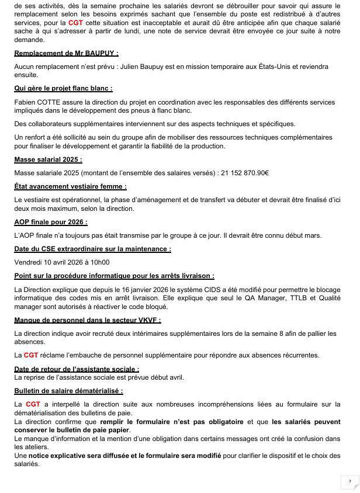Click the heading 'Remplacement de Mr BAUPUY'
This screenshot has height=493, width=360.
coord(66,54)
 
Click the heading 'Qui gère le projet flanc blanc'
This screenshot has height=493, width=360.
coord(63,88)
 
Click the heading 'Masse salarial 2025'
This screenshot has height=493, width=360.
coord(48,159)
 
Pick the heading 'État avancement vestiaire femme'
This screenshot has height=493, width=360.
coord(70,186)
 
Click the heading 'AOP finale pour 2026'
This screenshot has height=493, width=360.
coord(51,222)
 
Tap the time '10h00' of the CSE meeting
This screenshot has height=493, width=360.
coord(99,262)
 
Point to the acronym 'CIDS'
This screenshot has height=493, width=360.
coord(200,289)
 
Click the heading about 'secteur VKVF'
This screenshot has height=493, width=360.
coord(87,320)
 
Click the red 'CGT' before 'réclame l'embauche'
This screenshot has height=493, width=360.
coord(31,355)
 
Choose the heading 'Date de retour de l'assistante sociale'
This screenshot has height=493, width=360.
coord(77,369)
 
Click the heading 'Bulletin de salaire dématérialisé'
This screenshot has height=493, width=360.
coord(68,391)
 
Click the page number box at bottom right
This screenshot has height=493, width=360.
coord(349,481)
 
